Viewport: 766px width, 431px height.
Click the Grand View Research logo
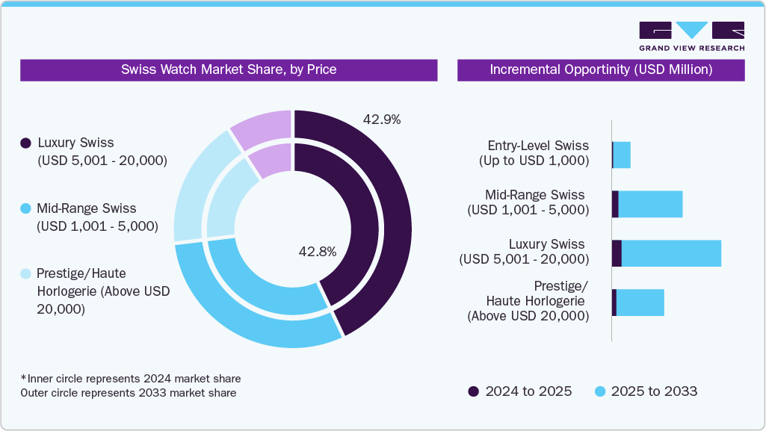[691, 37]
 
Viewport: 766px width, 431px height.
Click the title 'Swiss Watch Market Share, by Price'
[229, 69]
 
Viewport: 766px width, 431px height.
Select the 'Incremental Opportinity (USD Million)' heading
[601, 69]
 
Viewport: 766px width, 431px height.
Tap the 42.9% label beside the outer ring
[382, 120]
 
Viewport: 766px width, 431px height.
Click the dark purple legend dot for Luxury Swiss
[26, 143]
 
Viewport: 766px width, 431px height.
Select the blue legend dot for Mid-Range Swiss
[26, 208]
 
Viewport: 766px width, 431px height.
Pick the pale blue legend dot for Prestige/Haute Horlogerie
[26, 274]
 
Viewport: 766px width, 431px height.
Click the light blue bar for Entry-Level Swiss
[622, 155]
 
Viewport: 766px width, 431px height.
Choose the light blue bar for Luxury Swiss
[671, 253]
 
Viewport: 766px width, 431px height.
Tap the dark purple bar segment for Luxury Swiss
[617, 253]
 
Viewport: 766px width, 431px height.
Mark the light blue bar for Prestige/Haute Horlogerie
[640, 303]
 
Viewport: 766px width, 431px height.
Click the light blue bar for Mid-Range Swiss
[650, 204]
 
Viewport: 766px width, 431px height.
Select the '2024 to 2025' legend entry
[520, 391]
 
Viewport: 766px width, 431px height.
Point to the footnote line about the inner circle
[131, 379]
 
